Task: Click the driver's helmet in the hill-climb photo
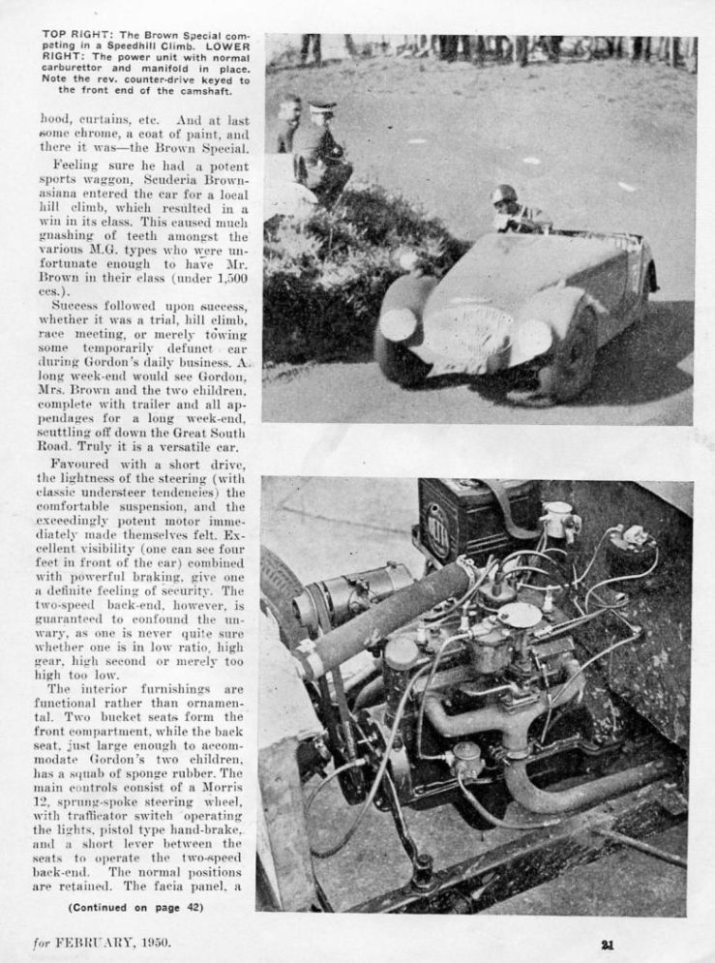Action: (x=503, y=196)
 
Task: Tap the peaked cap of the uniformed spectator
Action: (x=322, y=106)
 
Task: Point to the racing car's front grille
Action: (x=468, y=332)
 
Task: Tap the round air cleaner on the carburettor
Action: (x=520, y=615)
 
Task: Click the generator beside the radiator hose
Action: (x=352, y=591)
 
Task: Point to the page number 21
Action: (x=606, y=946)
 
